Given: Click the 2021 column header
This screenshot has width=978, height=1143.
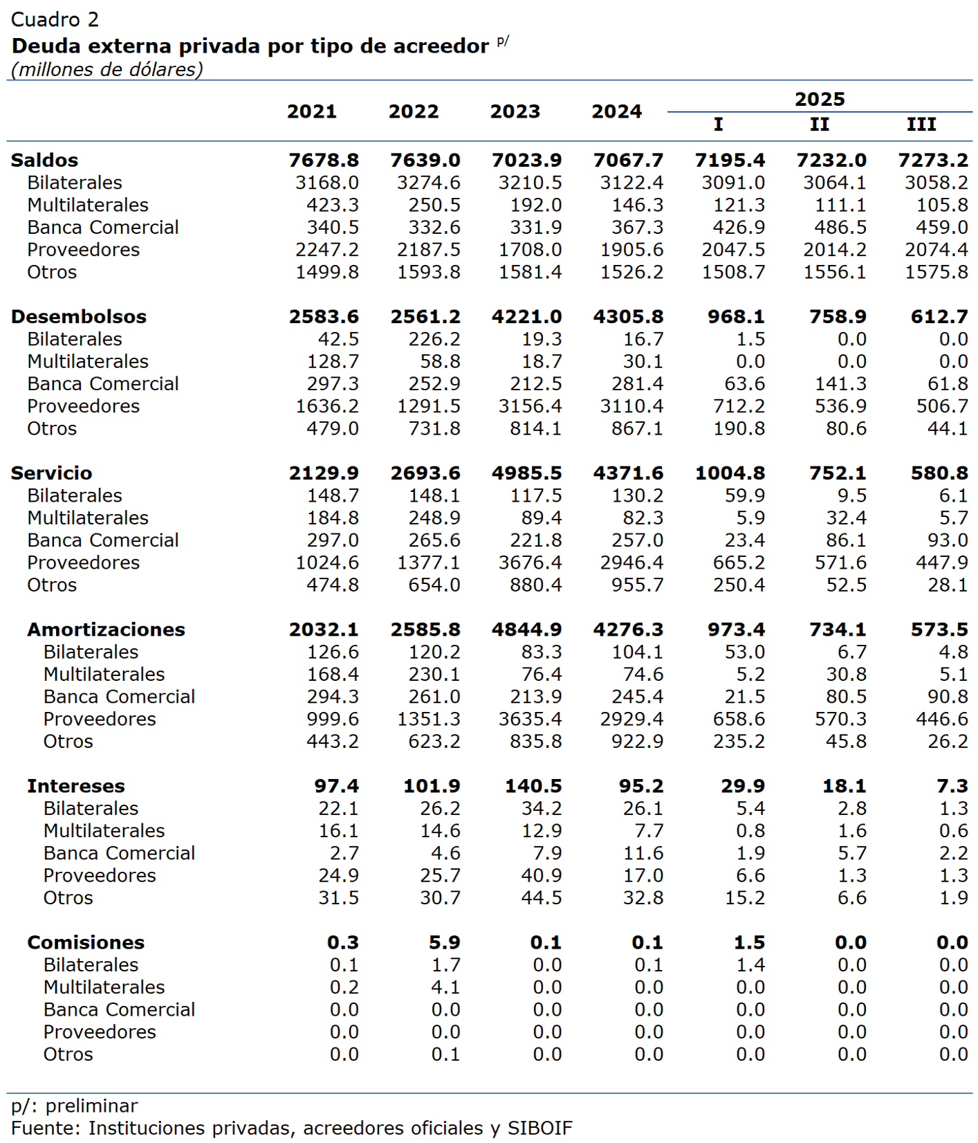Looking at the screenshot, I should [x=312, y=111].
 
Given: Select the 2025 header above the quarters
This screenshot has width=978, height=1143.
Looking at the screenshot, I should [x=820, y=99].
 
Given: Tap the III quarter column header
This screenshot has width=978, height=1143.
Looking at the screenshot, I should [x=921, y=125].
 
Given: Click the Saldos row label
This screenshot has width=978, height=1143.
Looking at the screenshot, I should [x=45, y=160].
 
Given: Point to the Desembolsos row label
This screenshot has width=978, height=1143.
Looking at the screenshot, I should [x=79, y=316].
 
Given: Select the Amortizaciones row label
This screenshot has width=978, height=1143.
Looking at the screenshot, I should [x=106, y=629].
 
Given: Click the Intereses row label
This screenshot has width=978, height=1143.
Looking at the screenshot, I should [x=76, y=785].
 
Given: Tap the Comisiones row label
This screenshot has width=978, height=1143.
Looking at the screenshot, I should [x=86, y=942].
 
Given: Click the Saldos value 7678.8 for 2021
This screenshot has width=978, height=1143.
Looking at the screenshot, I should [x=324, y=160].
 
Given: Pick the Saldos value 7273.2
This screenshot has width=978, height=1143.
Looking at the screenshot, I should [x=933, y=160].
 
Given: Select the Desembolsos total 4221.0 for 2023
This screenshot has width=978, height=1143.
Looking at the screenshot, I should [x=526, y=316].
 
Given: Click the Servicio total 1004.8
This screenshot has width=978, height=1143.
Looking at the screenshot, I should [x=730, y=473].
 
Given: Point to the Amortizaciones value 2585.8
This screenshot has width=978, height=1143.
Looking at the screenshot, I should [x=425, y=629].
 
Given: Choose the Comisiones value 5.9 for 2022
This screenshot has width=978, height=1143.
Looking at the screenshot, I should [x=445, y=942].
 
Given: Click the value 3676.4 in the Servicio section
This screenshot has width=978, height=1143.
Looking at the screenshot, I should [x=530, y=563].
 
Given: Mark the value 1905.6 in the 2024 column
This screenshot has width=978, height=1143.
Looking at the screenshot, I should [x=631, y=250].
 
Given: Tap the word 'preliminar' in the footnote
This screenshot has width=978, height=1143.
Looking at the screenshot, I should [x=92, y=1106].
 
